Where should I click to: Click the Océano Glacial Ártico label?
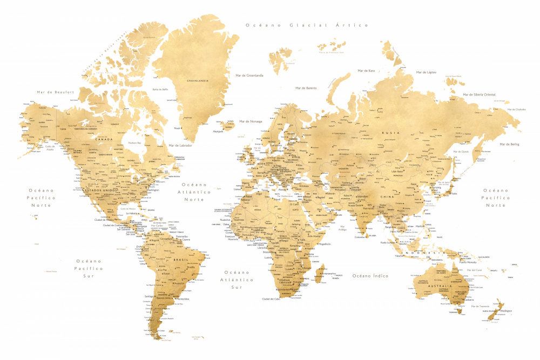tap(306, 25)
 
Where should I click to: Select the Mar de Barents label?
tap(306, 88)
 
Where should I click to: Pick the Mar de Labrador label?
tap(181, 145)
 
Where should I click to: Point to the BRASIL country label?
tap(181, 260)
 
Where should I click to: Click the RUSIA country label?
tap(390, 132)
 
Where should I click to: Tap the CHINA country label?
tap(402, 197)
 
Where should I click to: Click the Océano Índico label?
tap(370, 276)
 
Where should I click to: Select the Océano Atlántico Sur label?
tap(237, 280)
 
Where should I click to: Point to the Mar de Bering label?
tap(509, 144)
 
